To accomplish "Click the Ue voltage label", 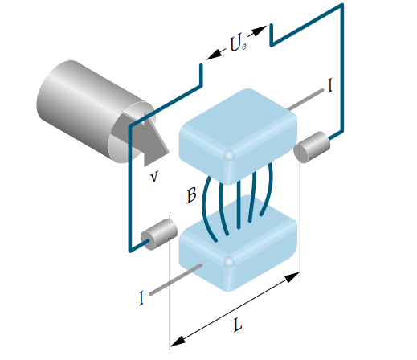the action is [238, 43].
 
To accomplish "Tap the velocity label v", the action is [154, 176].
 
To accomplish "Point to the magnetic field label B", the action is [191, 195].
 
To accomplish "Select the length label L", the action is [238, 325].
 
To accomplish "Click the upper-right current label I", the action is [330, 85].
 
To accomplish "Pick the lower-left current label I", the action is [141, 298].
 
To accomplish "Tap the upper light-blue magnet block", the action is [238, 136].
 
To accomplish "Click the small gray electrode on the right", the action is [312, 147].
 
